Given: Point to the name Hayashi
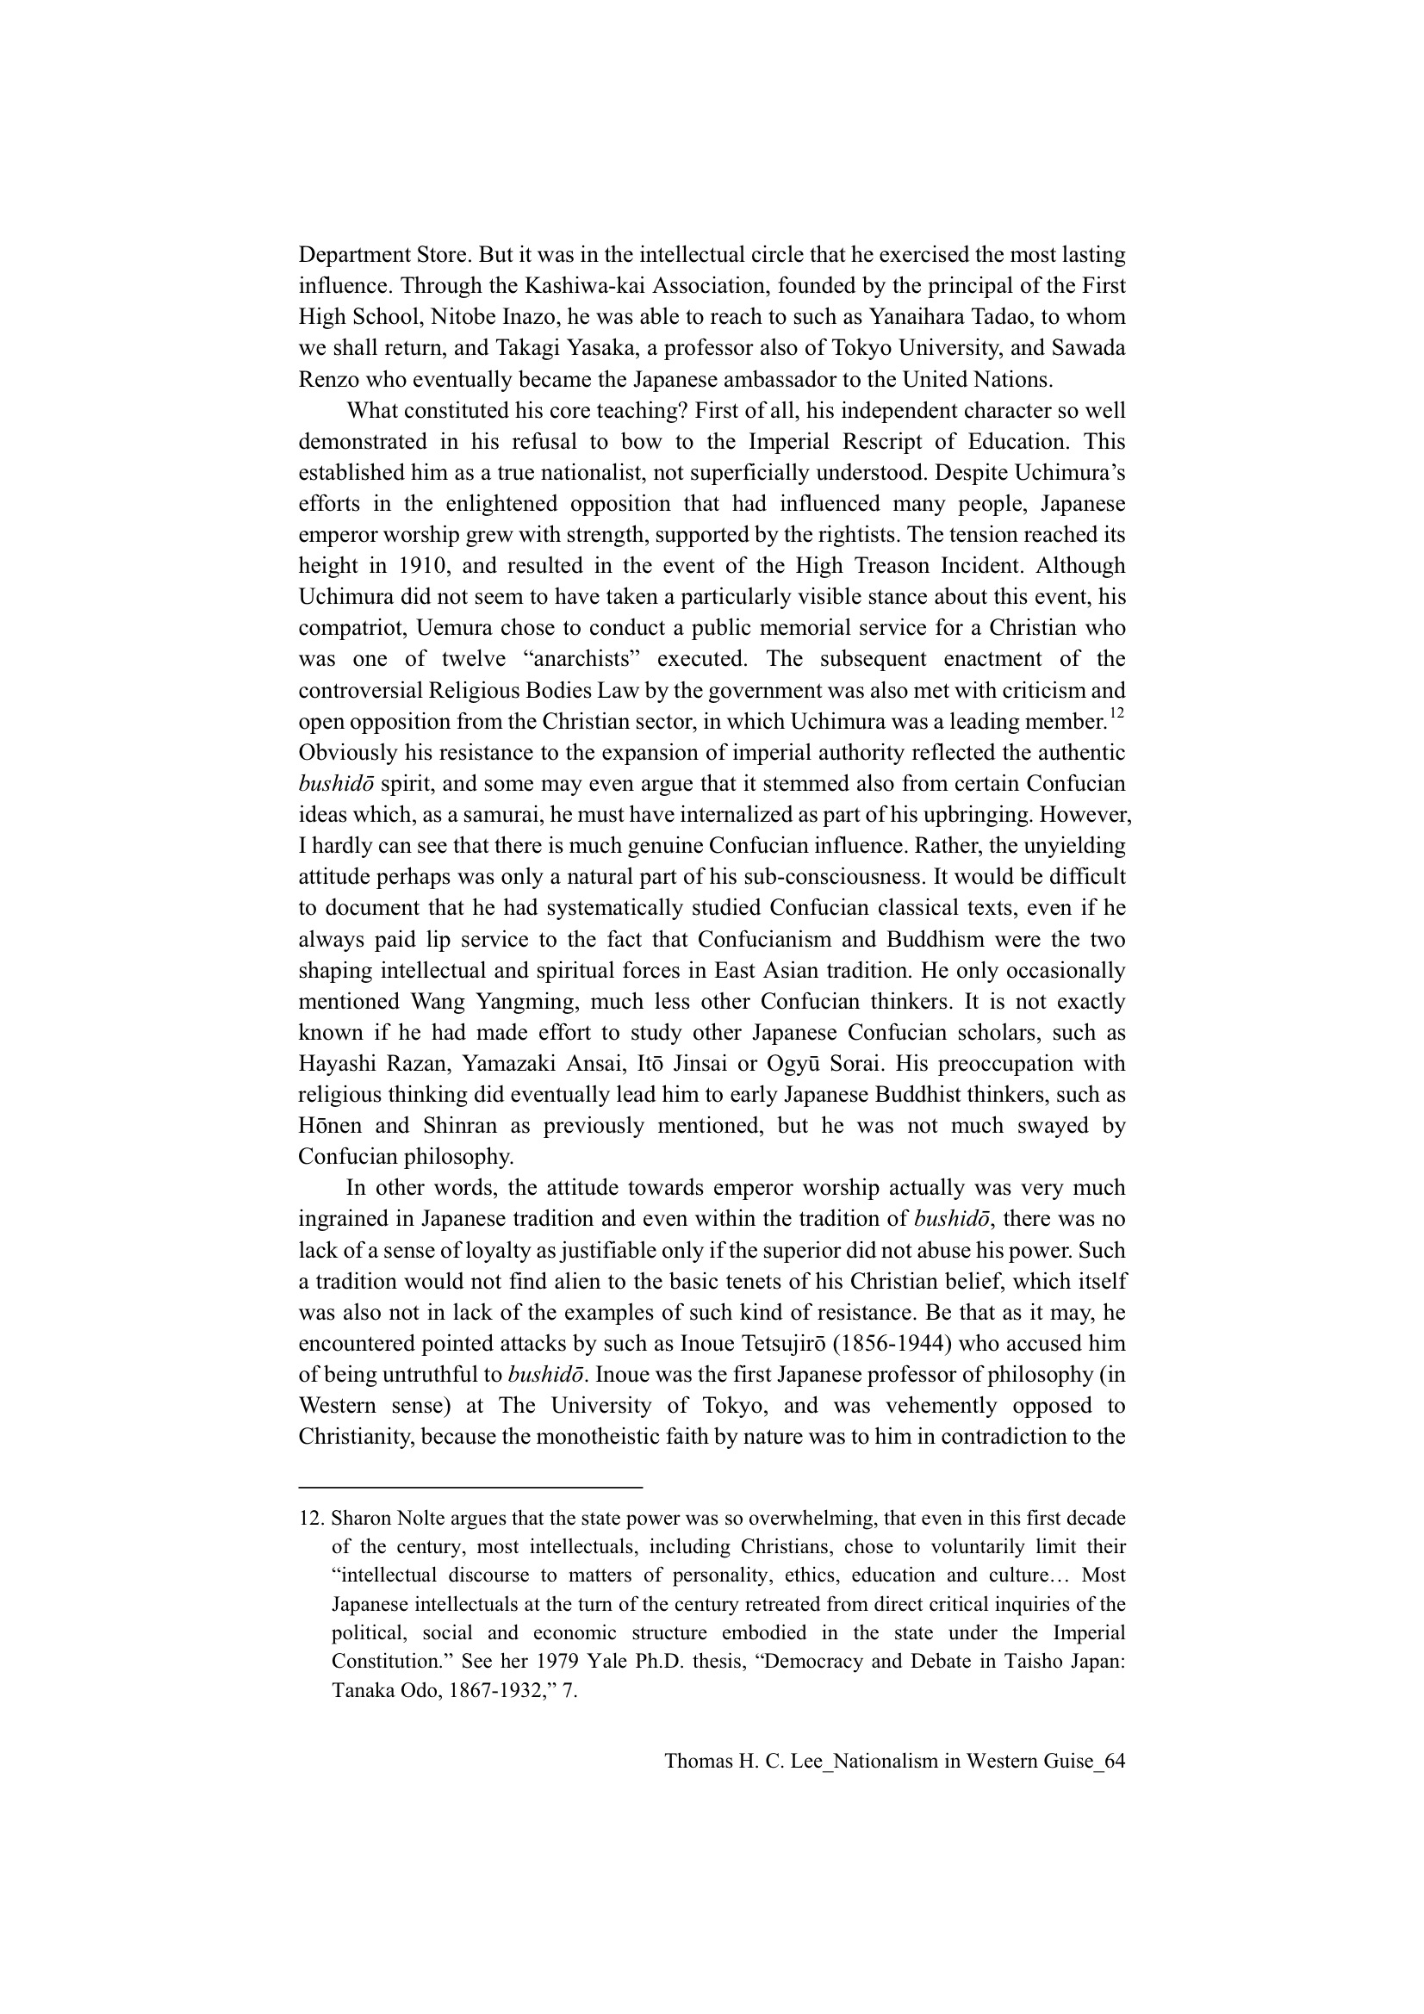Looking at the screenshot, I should [x=336, y=1063].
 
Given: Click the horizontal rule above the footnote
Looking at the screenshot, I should [x=470, y=1488].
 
